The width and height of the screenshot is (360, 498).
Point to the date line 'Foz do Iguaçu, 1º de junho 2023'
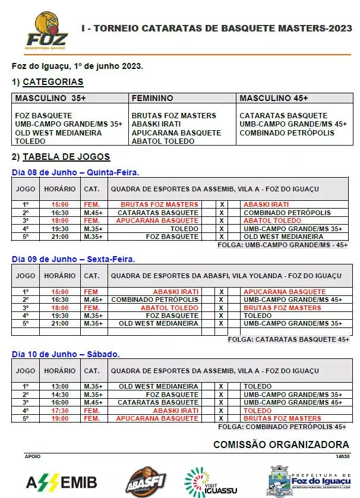(x=77, y=66)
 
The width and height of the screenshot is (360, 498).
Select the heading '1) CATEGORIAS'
(x=48, y=82)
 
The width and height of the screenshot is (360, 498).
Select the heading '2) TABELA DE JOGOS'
(x=61, y=157)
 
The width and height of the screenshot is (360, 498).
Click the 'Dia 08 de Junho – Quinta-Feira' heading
(x=75, y=172)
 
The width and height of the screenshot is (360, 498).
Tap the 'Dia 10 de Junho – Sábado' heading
(x=66, y=354)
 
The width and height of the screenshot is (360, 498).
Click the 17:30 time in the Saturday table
(x=60, y=411)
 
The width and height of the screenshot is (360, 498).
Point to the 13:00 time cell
(x=60, y=386)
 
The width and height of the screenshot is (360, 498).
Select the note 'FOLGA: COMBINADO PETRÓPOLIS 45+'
(x=282, y=427)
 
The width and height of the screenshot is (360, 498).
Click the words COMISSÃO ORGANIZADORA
(x=281, y=445)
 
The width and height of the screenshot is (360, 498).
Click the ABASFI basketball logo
(x=145, y=480)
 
